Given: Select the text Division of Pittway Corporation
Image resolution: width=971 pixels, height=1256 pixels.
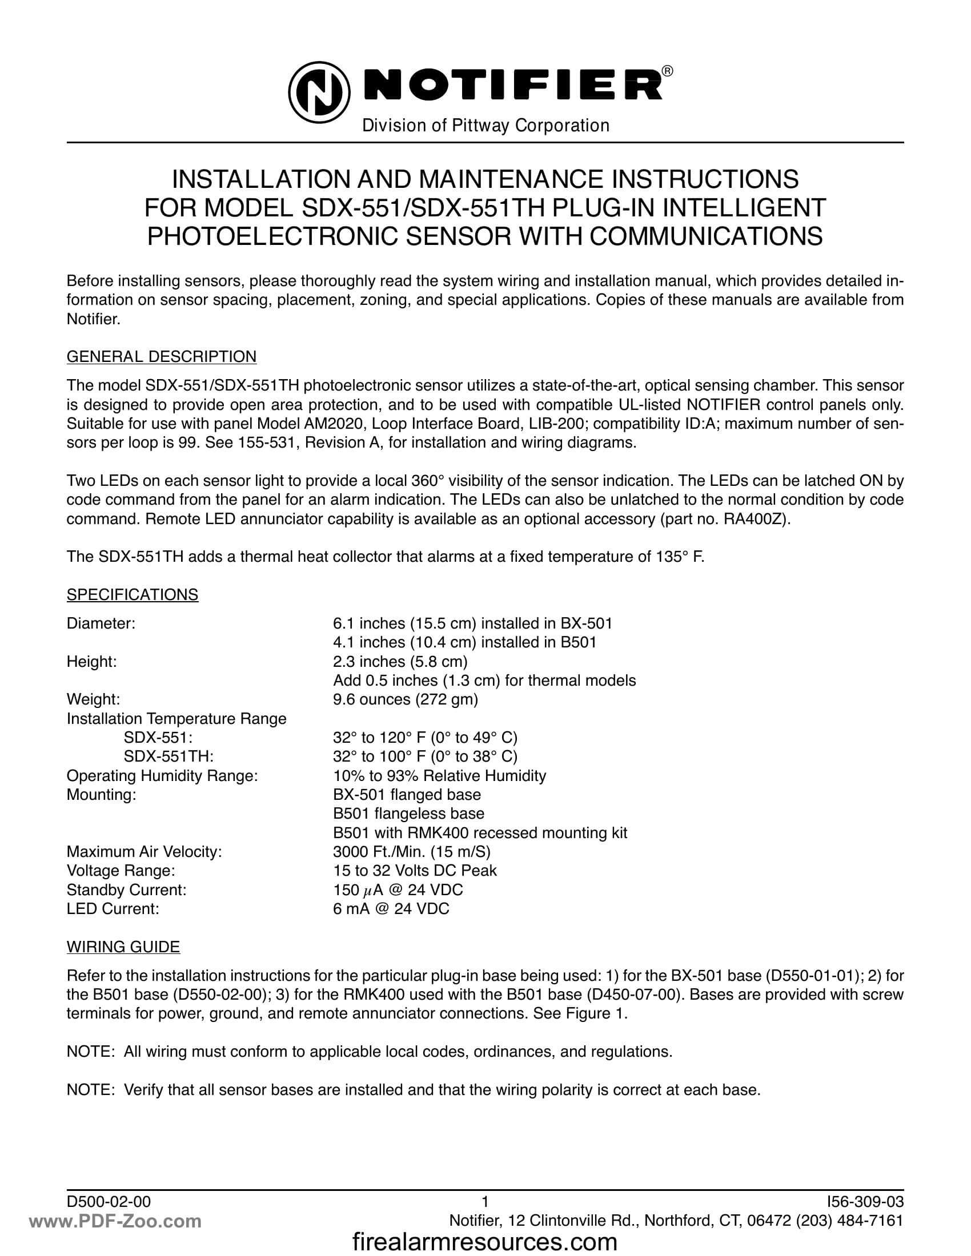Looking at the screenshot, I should pos(485,126).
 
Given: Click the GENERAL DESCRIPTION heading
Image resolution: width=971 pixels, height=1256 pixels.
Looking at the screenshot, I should pos(162,357).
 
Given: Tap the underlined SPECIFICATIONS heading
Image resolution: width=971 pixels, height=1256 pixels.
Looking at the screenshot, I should pos(133,594).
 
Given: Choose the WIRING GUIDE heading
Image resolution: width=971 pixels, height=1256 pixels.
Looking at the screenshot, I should pos(123,947).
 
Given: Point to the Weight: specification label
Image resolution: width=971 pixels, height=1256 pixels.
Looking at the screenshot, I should pos(93,699).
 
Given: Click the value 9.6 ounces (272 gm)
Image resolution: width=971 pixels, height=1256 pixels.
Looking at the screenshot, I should pos(406,699).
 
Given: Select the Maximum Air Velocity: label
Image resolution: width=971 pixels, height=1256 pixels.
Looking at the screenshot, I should pos(145,852).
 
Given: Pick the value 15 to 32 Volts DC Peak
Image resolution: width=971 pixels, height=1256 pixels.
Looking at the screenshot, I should pos(415,871).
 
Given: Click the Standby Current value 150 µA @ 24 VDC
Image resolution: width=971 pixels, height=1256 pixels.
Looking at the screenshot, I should pos(398,889).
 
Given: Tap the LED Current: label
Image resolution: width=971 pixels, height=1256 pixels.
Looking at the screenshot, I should pos(113,909).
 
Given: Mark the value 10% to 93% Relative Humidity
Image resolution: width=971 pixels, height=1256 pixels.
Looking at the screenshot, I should pos(439,776).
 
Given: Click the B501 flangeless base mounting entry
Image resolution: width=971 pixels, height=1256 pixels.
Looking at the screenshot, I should pos(408,814).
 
